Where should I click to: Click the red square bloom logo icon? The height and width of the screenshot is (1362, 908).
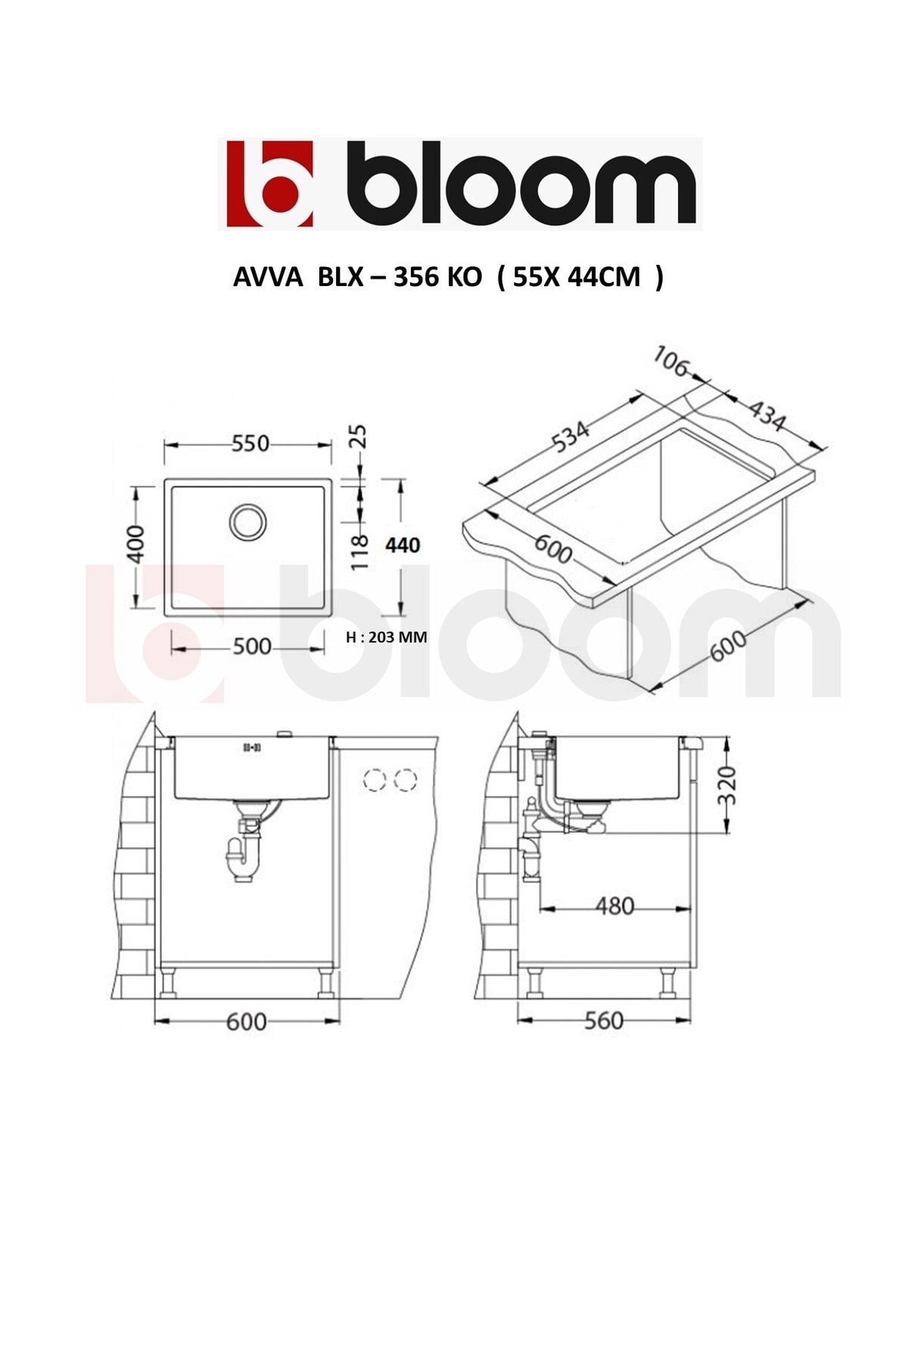point(270,184)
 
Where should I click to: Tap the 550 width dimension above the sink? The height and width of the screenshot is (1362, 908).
point(250,443)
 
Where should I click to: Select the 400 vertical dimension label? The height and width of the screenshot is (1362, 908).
point(136,543)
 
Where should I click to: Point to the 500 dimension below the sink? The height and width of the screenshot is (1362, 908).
point(251,647)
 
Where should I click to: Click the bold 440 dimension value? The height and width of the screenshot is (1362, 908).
point(403,545)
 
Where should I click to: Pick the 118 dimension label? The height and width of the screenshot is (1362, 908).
point(360,552)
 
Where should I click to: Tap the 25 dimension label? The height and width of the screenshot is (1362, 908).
point(359,437)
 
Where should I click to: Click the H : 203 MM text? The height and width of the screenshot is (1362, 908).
point(386,638)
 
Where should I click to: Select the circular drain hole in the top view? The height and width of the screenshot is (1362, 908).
point(247,521)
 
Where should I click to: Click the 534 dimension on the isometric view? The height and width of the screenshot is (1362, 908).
point(571,437)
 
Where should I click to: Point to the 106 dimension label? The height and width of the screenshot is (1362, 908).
point(670,362)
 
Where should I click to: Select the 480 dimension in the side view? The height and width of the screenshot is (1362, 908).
point(614,906)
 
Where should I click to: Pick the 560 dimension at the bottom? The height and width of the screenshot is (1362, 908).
point(604,1021)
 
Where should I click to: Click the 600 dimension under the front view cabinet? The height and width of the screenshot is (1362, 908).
point(247,1022)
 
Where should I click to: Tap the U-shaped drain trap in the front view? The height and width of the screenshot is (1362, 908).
point(244,858)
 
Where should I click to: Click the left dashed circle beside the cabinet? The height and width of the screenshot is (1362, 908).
point(375,780)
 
